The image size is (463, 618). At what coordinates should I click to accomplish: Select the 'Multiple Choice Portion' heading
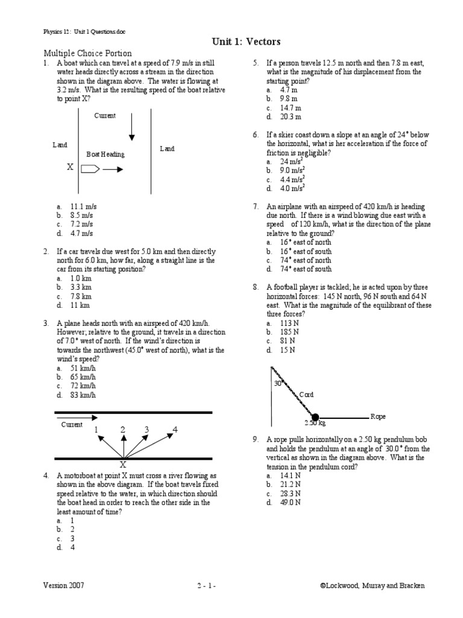87,54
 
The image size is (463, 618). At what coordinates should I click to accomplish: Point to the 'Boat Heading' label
106,154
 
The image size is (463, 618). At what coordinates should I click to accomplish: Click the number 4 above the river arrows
175,429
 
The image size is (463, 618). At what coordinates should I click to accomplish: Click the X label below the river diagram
122,465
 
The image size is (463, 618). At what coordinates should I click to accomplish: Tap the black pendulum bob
315,416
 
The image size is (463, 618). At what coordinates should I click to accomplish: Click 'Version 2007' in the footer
63,585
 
